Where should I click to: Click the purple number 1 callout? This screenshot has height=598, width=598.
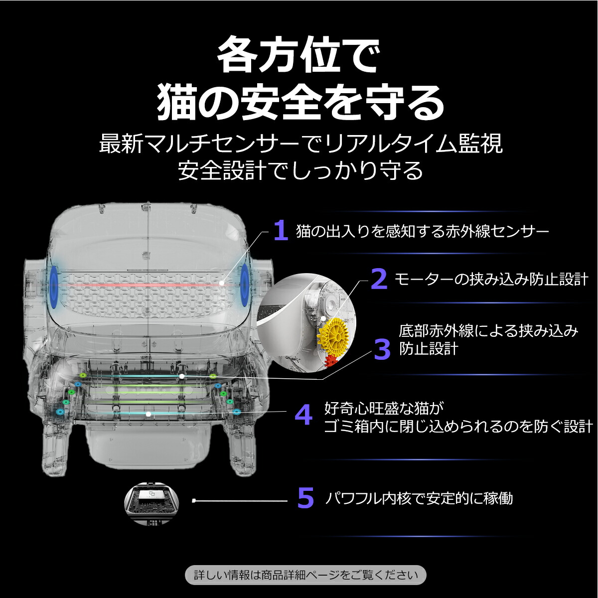point(281,231)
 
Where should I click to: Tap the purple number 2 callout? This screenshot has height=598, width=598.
point(379,279)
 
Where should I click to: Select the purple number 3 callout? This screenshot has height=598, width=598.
point(382,349)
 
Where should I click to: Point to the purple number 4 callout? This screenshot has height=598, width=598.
point(303,415)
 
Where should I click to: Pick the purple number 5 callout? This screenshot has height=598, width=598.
point(305,498)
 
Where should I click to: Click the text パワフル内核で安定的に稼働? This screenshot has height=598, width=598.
point(419,498)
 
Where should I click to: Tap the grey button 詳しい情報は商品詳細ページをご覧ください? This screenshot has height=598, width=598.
point(305,575)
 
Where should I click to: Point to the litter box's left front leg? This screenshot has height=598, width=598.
point(54,448)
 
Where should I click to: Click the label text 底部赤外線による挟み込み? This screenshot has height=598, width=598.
point(488,331)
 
